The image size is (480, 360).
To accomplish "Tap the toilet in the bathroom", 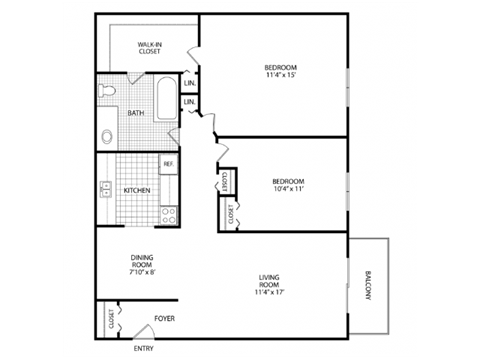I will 109,92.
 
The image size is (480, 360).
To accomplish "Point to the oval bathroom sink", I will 107,136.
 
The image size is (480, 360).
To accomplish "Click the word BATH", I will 136,113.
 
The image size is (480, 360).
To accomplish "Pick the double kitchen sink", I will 103,188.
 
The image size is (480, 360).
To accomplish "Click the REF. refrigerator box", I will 169,163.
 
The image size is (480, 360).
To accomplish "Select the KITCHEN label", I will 137,190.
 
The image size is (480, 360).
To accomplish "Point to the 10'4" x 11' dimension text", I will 288,189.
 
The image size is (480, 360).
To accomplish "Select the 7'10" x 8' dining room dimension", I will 141,272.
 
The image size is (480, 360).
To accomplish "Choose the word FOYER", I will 163,319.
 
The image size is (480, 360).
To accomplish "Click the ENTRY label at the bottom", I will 145,348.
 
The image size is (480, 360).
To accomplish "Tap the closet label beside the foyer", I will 110,319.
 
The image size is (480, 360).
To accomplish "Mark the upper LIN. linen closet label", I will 189,83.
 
